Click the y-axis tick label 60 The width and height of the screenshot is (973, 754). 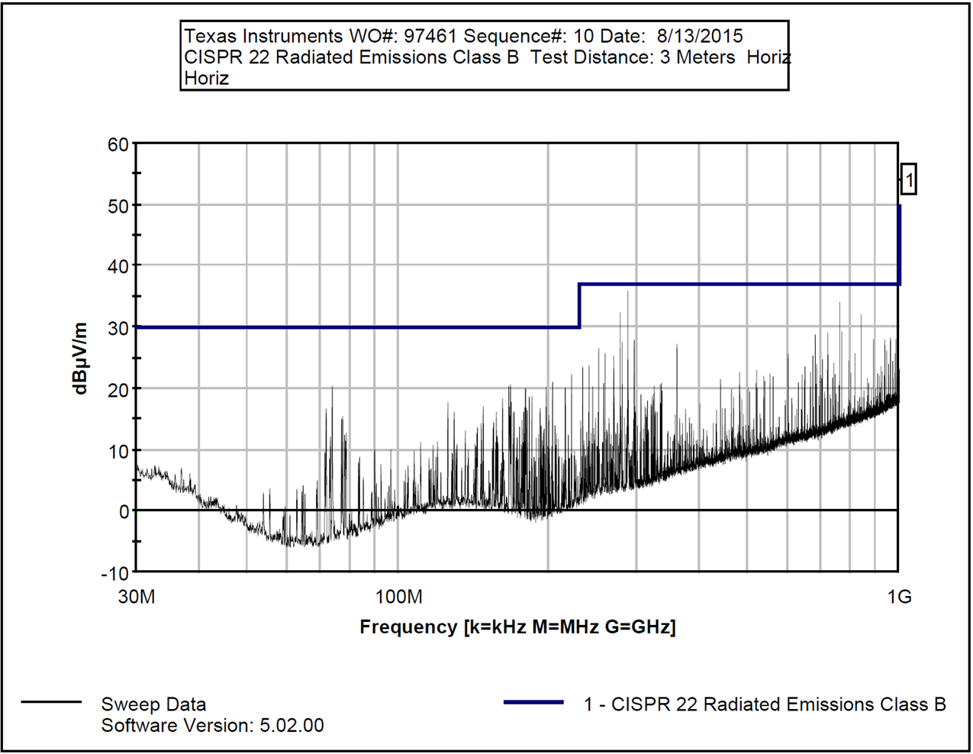pos(118,145)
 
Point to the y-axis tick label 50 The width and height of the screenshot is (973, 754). pos(118,206)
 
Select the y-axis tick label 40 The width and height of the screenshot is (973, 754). pos(118,266)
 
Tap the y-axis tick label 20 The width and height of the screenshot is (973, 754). pos(118,389)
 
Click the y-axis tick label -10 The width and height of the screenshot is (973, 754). pos(114,573)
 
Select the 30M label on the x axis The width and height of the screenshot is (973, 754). pos(137,597)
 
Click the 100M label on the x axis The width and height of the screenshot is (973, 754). pos(399,597)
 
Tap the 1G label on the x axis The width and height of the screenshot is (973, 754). pos(900,597)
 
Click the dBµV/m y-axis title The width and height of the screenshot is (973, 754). pos(80,358)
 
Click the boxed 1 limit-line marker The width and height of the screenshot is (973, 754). pos(908,180)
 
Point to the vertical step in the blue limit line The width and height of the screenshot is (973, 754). pos(580,306)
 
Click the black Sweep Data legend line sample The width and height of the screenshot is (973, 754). pos(51,703)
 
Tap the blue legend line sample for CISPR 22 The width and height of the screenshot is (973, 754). pos(533,703)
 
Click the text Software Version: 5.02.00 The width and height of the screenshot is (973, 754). pos(212,725)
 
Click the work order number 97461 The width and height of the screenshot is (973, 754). pos(430,36)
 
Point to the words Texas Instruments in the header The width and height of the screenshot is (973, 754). pos(263,36)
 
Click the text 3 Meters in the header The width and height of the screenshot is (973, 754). pos(698,57)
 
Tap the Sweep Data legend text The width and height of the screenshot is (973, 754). pos(153,704)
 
